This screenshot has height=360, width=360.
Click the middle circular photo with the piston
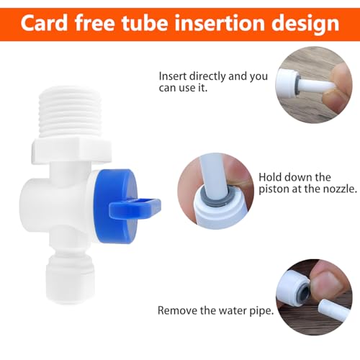tap(214, 192)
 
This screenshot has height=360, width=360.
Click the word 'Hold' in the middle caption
tap(269, 176)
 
